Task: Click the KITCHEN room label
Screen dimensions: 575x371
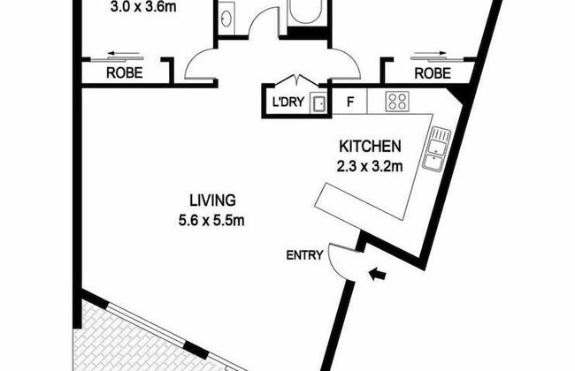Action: coord(370,147)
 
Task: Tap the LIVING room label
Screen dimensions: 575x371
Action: coord(212,201)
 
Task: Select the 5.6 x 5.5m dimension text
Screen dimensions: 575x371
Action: coord(211,221)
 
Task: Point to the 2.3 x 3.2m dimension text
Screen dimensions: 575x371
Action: coord(370,167)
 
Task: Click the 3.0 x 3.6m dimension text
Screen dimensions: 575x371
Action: coord(143,6)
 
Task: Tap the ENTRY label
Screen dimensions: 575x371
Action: coord(304,255)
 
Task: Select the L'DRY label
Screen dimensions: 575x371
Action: coord(288,102)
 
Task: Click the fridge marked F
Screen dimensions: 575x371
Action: coord(350,102)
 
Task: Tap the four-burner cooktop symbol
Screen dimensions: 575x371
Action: coord(397,101)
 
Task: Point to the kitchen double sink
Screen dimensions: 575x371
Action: coord(436,148)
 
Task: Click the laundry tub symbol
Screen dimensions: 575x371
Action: coord(318,102)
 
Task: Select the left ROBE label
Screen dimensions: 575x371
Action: coord(125,73)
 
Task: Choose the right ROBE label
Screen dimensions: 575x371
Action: coord(433,73)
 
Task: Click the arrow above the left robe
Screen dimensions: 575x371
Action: coord(123,54)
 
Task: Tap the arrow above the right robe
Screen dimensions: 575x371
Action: coord(430,53)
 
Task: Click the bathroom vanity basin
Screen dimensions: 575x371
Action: coord(226,18)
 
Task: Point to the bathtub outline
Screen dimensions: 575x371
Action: coord(306,11)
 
